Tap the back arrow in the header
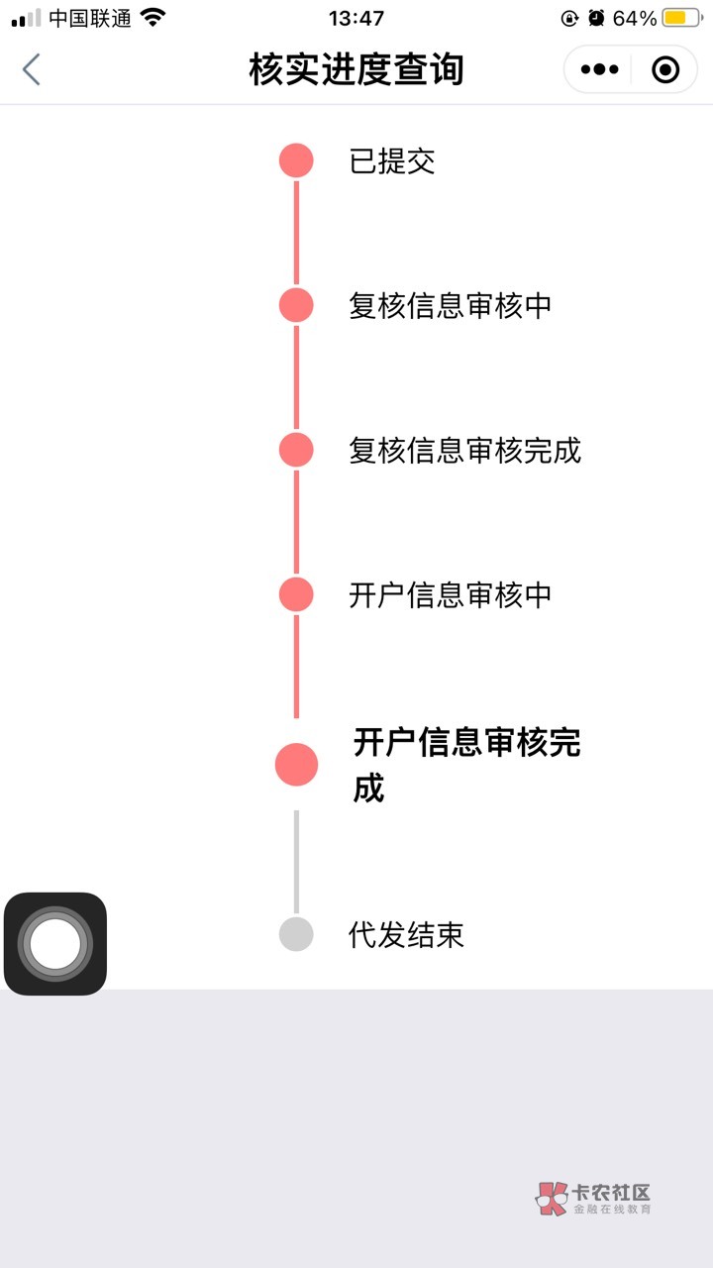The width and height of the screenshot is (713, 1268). (31, 69)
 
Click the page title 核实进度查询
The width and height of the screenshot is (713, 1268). (356, 69)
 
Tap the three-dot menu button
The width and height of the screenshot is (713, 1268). (599, 69)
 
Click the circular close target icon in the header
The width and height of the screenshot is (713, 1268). (664, 69)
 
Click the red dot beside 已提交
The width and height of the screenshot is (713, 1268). (296, 160)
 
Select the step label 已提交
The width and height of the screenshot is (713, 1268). (391, 161)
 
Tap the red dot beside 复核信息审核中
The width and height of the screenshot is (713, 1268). (296, 305)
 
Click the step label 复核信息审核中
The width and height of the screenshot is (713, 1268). (450, 306)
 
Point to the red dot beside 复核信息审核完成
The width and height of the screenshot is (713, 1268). (296, 450)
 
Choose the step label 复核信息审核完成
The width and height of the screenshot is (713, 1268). (464, 451)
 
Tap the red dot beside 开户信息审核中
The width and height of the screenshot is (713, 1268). (296, 595)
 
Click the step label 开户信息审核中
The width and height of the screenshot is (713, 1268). (450, 595)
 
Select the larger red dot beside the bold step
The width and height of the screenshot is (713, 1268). (296, 765)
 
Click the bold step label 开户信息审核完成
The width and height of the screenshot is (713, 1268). (466, 765)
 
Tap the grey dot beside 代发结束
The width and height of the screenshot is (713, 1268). (296, 934)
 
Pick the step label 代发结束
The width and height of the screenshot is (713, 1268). (406, 934)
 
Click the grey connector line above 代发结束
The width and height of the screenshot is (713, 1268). (296, 861)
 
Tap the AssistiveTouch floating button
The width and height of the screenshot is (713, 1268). (54, 944)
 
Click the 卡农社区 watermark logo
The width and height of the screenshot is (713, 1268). (593, 1199)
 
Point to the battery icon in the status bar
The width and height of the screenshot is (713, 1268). (682, 18)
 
